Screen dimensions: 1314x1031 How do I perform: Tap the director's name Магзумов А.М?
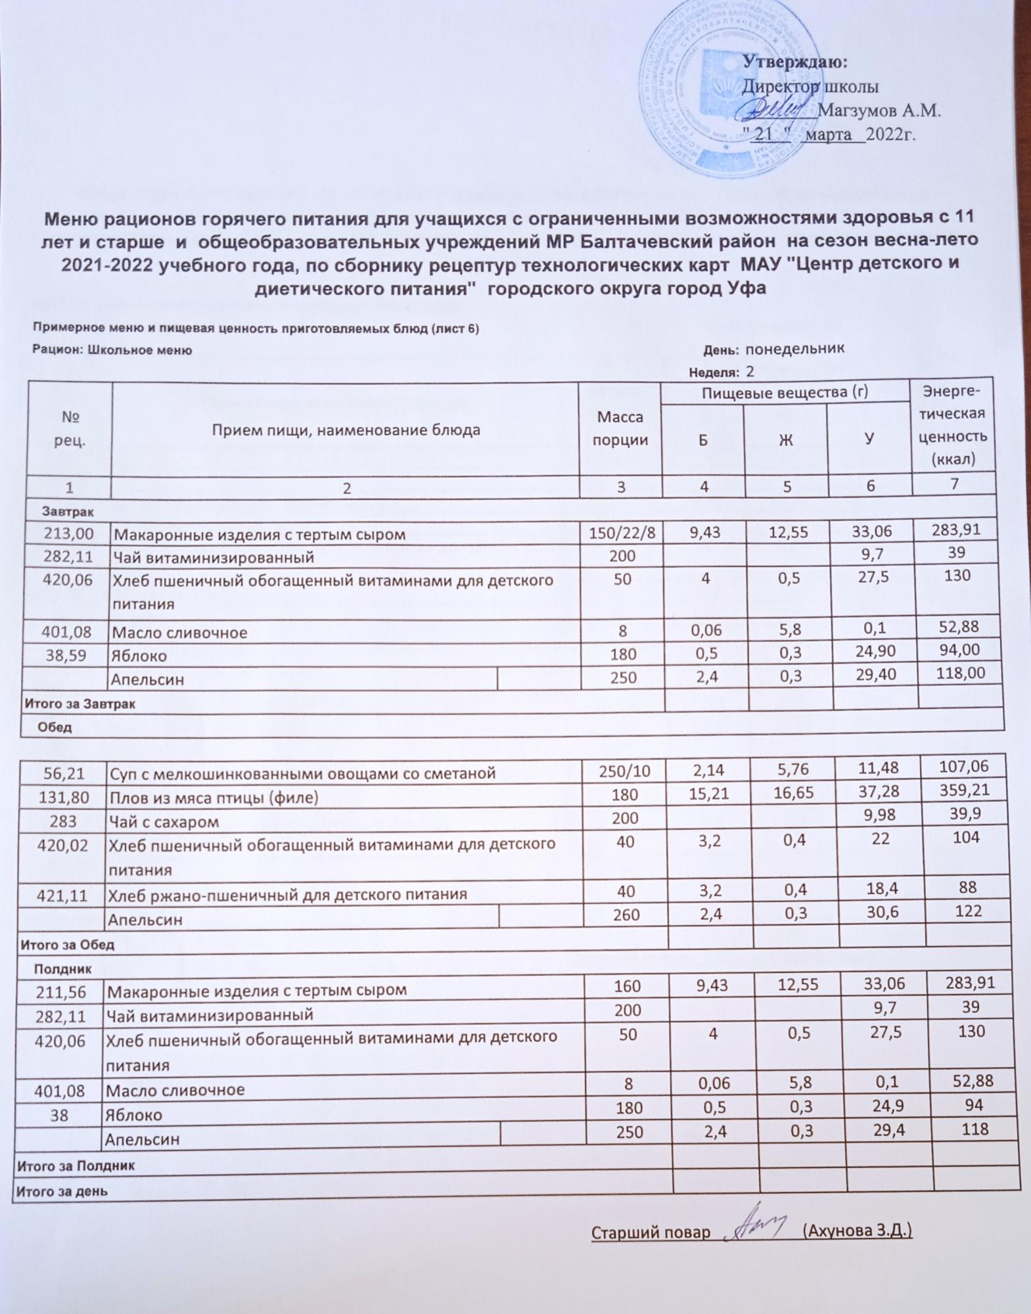(x=879, y=110)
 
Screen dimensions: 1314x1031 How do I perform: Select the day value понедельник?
(x=794, y=348)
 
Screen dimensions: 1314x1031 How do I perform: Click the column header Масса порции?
(x=620, y=428)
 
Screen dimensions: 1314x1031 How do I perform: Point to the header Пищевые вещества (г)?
(x=785, y=393)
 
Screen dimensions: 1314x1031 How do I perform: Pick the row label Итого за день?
(x=62, y=1191)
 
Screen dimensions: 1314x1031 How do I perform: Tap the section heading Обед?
(x=55, y=727)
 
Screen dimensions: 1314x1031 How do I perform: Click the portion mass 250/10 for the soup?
(x=624, y=771)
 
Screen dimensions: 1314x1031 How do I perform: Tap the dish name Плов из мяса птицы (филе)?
(x=213, y=798)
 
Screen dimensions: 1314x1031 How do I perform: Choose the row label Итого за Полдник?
(x=76, y=1166)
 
